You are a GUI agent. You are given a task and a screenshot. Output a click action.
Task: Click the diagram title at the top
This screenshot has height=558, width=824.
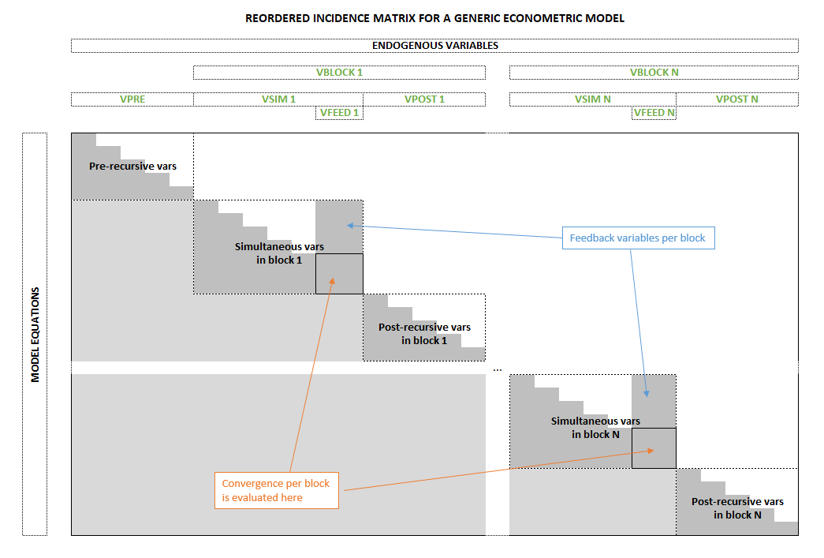coord(434,18)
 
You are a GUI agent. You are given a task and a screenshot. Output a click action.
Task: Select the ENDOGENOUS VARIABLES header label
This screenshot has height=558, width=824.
coord(434,46)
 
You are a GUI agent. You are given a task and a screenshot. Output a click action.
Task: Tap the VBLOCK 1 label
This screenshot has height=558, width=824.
coord(339,73)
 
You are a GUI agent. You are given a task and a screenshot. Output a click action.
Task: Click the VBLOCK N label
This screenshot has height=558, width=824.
coord(654,73)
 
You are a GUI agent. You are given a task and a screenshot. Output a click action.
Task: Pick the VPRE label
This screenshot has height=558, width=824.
coord(132,99)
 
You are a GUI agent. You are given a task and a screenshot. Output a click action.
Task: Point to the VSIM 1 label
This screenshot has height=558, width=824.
coord(278,99)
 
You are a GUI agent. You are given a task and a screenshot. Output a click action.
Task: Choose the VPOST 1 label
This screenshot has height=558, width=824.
coord(424,99)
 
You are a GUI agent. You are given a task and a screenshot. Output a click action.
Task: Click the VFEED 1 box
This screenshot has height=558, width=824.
coord(339,113)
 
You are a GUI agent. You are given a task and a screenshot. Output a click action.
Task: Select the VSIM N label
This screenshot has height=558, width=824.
coord(592,99)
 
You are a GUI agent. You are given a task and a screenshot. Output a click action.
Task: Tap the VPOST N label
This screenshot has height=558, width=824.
coord(736,99)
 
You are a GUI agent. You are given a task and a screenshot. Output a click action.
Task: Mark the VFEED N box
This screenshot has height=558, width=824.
coord(654,113)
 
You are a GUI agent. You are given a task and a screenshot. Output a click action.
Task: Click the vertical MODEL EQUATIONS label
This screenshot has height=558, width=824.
coord(35,334)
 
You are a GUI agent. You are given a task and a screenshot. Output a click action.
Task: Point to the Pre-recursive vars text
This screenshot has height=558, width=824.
coord(132,167)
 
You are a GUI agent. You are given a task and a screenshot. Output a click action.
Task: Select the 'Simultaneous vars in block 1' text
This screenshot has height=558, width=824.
coord(278,253)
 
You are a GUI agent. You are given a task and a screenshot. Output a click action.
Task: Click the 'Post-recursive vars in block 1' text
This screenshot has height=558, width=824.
coord(424,333)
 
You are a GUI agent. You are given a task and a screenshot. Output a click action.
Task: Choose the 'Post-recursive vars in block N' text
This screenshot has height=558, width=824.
coord(737,507)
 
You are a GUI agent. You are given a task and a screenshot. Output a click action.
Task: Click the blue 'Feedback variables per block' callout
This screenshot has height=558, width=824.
coord(637,238)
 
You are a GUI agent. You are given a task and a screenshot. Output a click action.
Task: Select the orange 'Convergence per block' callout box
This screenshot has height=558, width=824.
coord(276,490)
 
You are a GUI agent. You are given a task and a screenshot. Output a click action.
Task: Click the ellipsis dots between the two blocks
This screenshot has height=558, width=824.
coord(497,369)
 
